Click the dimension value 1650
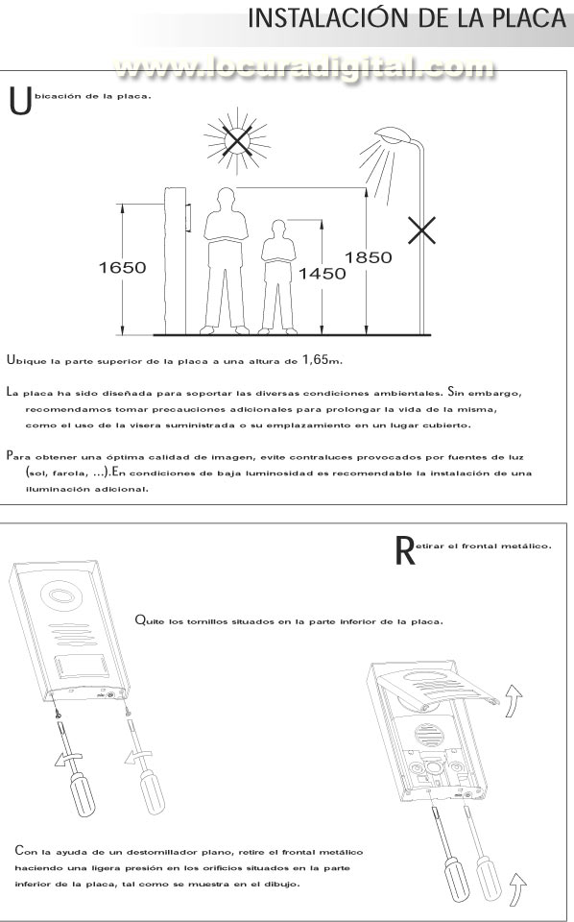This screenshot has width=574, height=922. coord(122,268)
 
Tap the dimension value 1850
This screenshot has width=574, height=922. coord(369,257)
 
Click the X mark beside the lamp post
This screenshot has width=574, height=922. coord(421,230)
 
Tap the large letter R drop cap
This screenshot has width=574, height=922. coord(405,550)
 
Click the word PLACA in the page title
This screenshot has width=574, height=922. coord(522,18)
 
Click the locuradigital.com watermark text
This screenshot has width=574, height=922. coord(304,68)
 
